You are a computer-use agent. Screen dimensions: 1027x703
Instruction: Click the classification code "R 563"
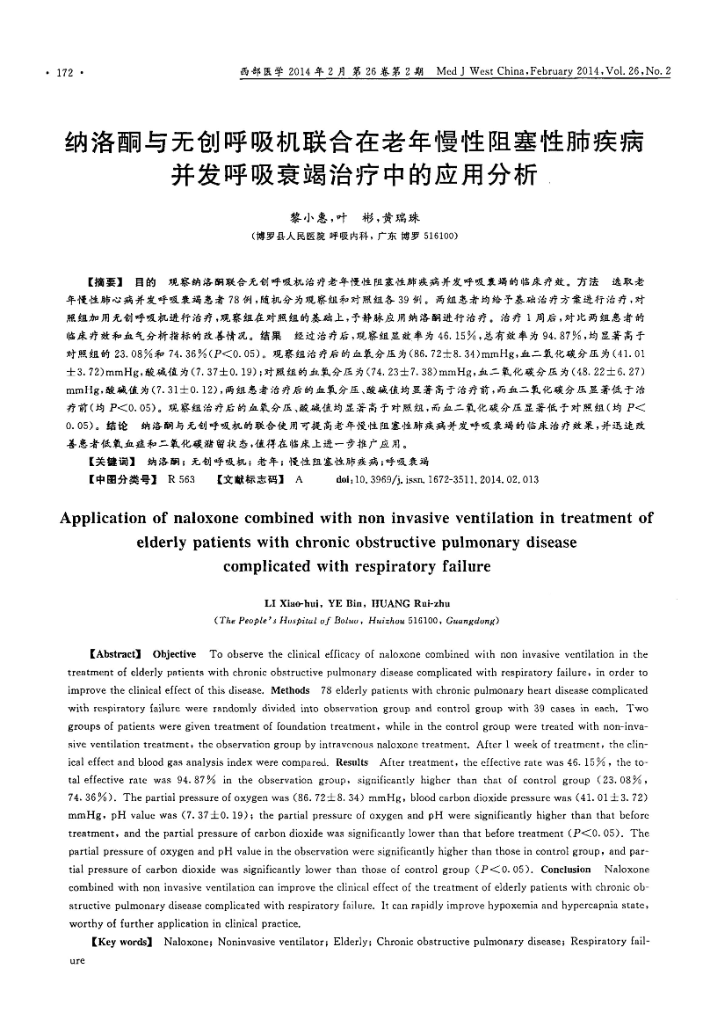click(x=181, y=479)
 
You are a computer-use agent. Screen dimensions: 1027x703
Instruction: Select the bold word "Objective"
click(x=174, y=654)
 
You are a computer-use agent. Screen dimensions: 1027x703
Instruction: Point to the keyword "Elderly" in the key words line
click(x=346, y=942)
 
